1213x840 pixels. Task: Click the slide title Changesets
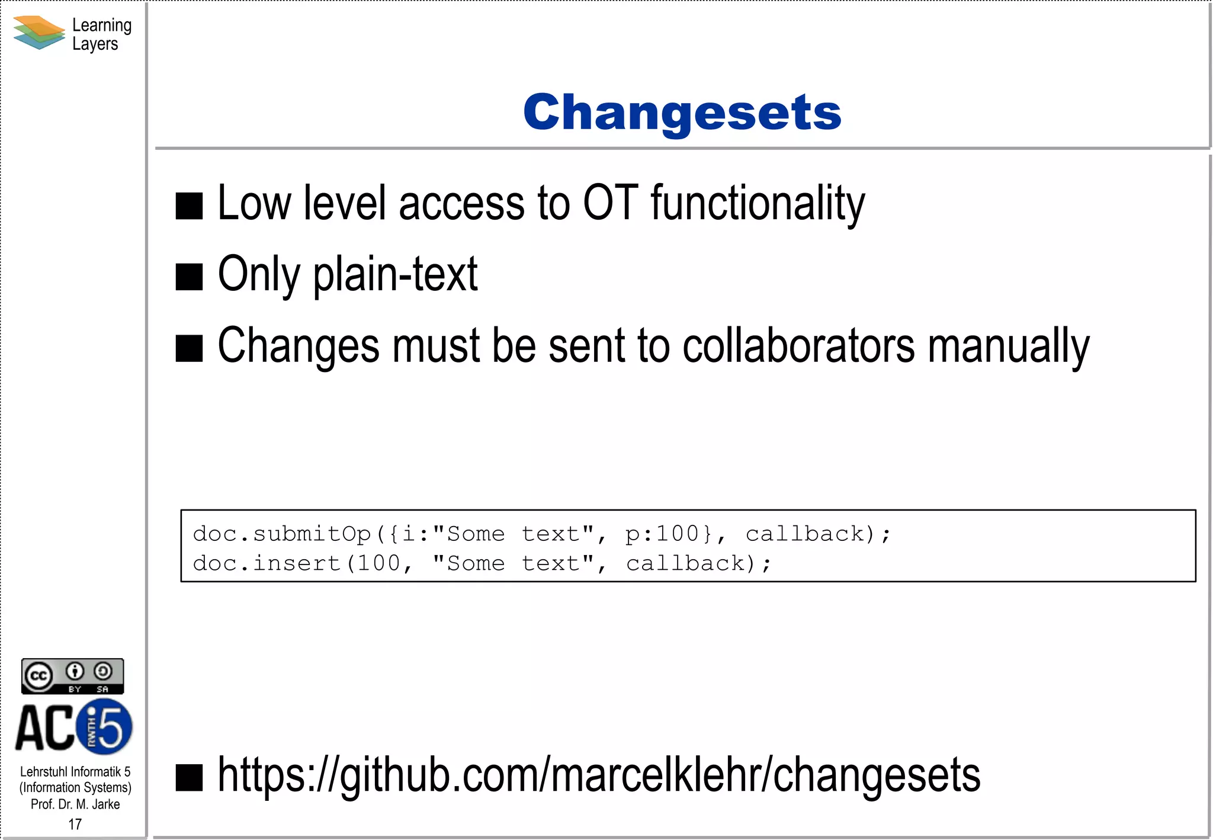(682, 113)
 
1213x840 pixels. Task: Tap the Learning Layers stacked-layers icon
(38, 33)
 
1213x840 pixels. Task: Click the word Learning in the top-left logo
(102, 25)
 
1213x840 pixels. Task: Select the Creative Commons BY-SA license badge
(72, 676)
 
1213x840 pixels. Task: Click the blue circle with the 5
(105, 727)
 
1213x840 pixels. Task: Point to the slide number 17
(75, 824)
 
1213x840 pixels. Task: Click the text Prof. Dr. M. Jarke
(75, 804)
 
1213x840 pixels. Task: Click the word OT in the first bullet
(610, 203)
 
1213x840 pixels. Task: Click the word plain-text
(395, 275)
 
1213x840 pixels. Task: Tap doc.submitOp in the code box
(282, 534)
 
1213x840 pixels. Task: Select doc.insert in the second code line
(267, 563)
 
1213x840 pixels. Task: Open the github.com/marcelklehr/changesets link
(599, 775)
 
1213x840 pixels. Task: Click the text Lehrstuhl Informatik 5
(75, 772)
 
